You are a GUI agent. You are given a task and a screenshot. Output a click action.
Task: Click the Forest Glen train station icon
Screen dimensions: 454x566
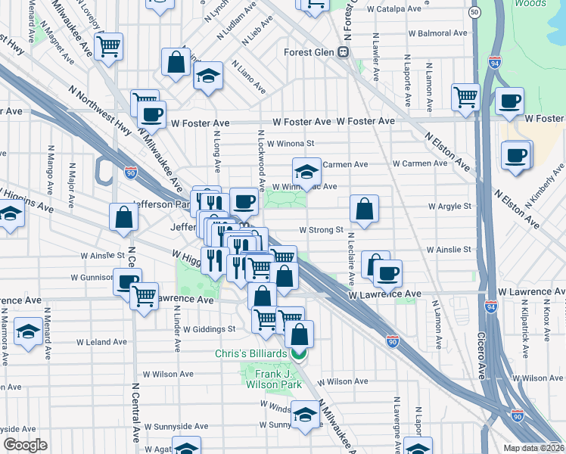click(343, 52)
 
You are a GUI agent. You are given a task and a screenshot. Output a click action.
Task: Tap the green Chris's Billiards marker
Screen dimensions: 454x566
click(300, 353)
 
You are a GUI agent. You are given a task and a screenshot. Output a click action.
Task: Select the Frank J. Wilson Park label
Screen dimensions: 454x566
click(264, 378)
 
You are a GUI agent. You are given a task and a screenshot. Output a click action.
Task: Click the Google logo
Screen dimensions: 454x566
click(25, 445)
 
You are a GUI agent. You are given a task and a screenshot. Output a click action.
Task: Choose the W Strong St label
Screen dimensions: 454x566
click(322, 229)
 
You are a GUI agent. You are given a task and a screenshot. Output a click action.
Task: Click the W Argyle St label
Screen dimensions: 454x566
click(449, 206)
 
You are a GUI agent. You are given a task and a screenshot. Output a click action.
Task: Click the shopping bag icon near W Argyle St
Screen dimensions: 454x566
click(364, 209)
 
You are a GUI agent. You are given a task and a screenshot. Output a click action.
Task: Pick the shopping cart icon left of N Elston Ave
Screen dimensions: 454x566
click(465, 97)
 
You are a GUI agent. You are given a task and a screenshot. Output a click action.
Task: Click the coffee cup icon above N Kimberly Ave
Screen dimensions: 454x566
click(516, 155)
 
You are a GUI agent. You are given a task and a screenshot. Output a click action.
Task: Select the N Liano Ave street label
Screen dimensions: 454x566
click(249, 77)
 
